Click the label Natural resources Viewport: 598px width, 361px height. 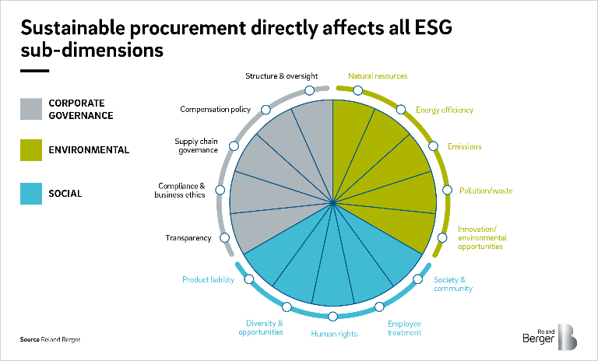(378, 76)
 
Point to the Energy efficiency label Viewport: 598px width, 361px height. (444, 110)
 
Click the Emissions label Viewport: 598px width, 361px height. (464, 146)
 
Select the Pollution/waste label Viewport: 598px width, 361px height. (486, 191)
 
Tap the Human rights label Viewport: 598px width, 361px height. (333, 334)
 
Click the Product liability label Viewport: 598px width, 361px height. (208, 279)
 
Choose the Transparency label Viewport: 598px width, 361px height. (188, 237)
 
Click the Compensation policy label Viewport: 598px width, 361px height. (215, 110)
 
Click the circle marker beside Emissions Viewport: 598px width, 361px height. (432, 145)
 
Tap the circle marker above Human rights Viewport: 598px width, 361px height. (333, 316)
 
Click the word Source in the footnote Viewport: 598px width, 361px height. (29, 340)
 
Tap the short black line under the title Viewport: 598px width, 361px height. (34, 70)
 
